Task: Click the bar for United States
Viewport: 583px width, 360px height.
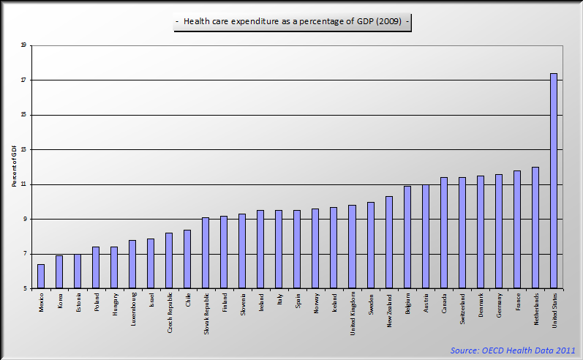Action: coord(553,181)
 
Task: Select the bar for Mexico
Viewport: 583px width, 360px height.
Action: coord(41,277)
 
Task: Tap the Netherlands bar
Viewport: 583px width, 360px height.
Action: coord(535,228)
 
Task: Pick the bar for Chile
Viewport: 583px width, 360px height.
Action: coord(187,259)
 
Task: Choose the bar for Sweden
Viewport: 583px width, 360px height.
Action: coord(370,245)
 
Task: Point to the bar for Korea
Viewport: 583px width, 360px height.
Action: coord(59,272)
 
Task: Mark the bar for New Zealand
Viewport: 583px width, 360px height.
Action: coord(388,242)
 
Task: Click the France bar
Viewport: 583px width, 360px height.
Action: coord(516,230)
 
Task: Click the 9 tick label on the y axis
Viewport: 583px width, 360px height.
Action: coord(23,219)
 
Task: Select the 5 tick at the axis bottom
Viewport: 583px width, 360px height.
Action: coord(23,288)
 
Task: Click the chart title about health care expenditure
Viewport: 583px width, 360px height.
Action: coord(293,23)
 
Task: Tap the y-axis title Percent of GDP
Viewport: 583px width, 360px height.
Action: coord(14,167)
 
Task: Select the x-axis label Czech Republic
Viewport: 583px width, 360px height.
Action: coord(169,310)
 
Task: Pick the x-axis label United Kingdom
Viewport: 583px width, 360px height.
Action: coord(352,312)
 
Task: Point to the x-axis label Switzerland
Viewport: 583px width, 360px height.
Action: coord(462,307)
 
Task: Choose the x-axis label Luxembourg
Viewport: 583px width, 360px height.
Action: coord(132,309)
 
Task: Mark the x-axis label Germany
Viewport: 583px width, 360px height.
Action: coord(498,305)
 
